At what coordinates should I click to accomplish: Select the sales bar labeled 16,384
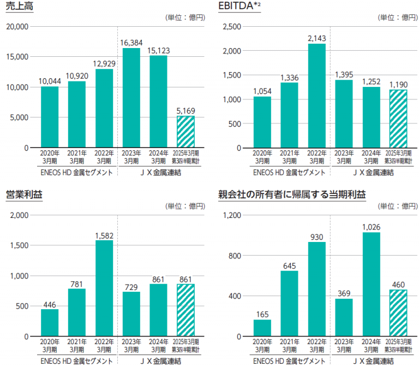pyautogui.click(x=131, y=98)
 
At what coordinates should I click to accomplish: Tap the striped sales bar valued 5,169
pyautogui.click(x=185, y=132)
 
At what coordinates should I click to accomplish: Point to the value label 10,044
pyautogui.click(x=50, y=81)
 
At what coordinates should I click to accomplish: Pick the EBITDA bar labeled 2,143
pyautogui.click(x=317, y=96)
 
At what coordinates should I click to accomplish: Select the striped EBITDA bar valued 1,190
pyautogui.click(x=398, y=119)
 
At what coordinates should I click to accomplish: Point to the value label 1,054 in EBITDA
pyautogui.click(x=262, y=91)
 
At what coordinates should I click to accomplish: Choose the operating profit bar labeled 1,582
pyautogui.click(x=104, y=288)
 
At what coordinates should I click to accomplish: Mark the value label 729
pyautogui.click(x=131, y=286)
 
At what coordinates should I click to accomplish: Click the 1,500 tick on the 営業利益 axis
pyautogui.click(x=20, y=245)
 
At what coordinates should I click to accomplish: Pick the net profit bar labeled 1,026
pyautogui.click(x=371, y=284)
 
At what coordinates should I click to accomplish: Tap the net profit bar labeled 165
pyautogui.click(x=262, y=328)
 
